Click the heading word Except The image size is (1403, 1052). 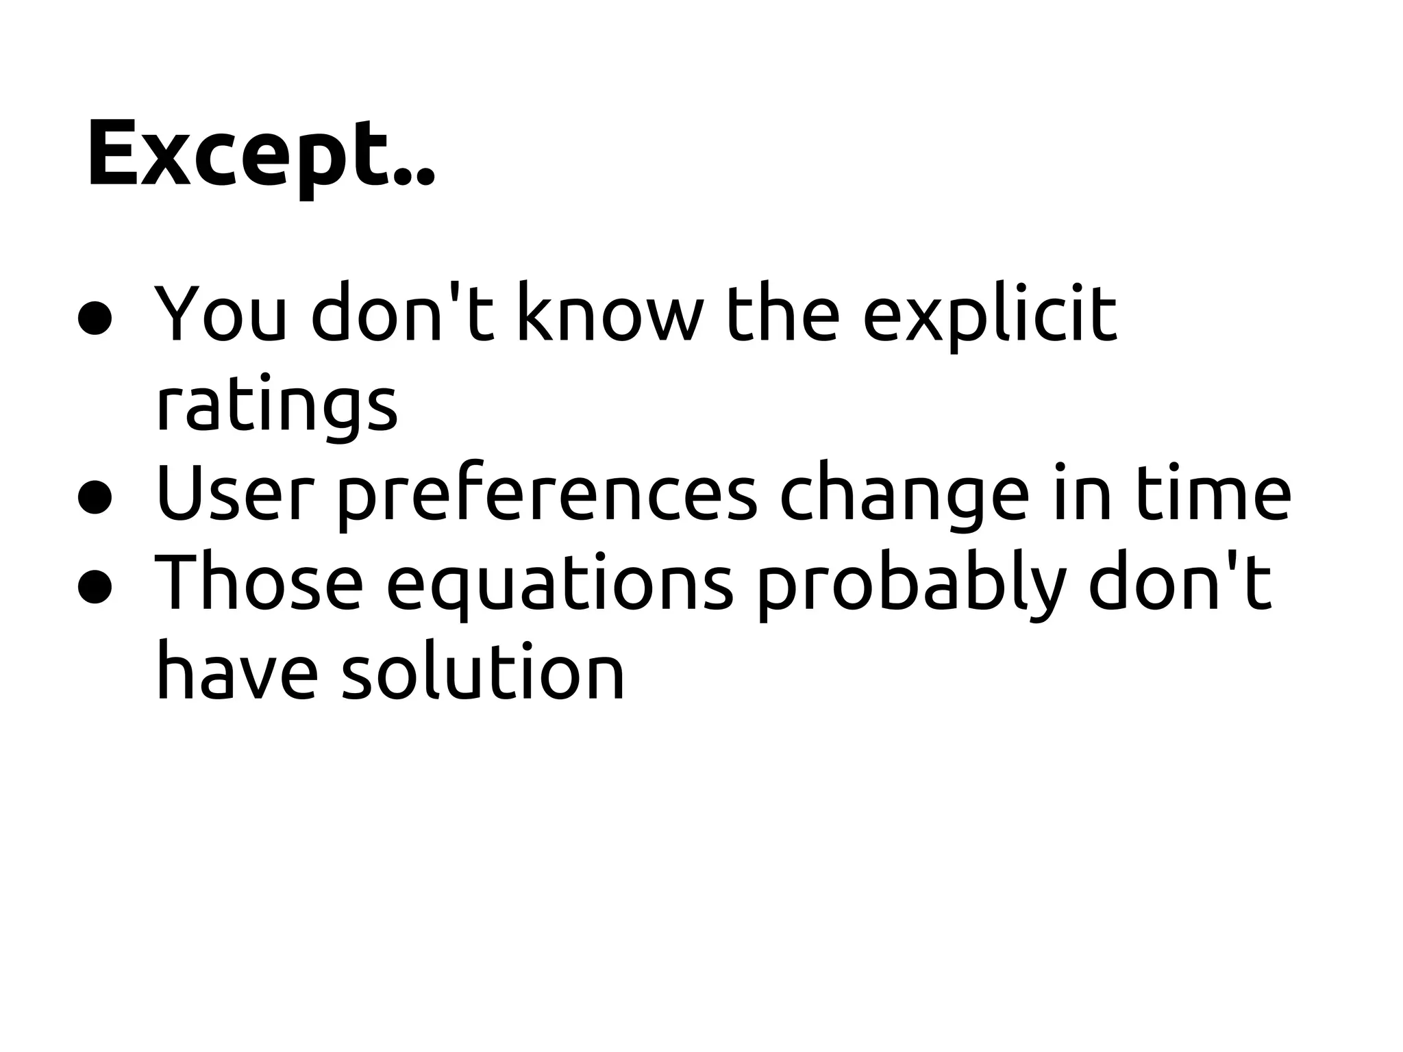[260, 154]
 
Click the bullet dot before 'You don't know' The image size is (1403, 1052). [95, 318]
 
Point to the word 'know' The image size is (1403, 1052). [610, 312]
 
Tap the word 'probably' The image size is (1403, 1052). [911, 586]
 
